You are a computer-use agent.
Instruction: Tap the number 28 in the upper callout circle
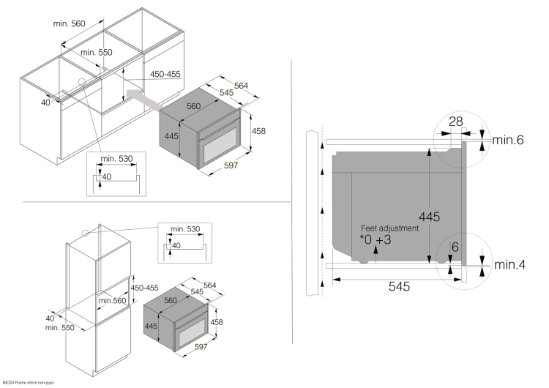point(455,122)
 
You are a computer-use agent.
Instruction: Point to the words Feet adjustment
point(389,228)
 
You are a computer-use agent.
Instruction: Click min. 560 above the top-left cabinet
point(70,23)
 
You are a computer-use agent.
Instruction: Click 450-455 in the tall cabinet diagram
point(145,288)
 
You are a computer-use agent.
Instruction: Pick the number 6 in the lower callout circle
point(455,247)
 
